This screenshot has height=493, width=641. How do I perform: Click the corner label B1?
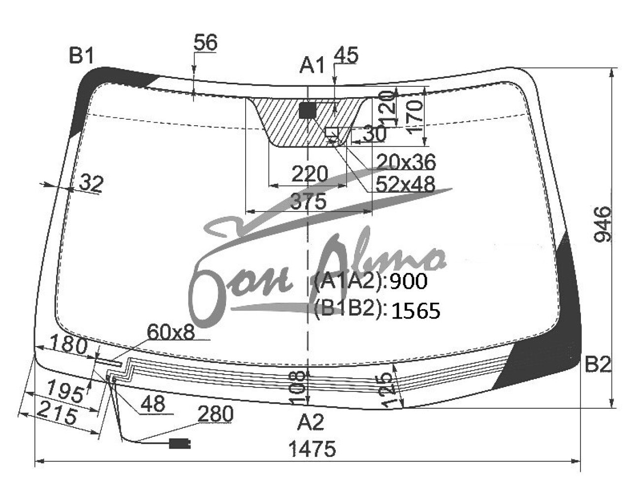(81, 56)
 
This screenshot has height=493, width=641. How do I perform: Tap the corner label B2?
(597, 365)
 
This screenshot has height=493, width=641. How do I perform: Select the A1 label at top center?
(312, 65)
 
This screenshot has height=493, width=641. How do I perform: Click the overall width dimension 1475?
(313, 449)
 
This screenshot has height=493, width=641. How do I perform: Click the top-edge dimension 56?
(205, 42)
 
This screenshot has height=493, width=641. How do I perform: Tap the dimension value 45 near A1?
(347, 55)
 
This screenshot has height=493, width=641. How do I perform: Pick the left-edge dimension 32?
(92, 183)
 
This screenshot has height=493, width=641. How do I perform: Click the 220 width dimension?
(310, 174)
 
